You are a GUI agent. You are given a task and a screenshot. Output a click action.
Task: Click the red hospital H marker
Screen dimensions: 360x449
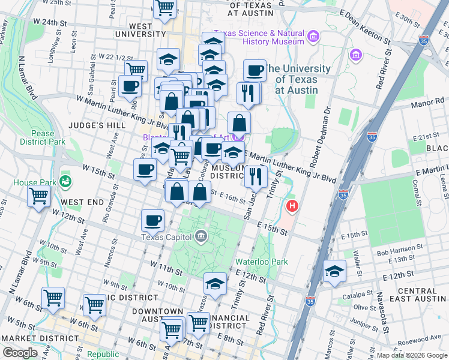click(x=292, y=206)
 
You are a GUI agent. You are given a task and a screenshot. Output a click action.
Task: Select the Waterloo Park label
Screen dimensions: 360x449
click(x=261, y=262)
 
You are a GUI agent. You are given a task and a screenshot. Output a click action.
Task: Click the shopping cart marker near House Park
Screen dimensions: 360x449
click(x=38, y=196)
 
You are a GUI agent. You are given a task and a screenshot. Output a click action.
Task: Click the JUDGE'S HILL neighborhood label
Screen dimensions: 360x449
click(x=97, y=125)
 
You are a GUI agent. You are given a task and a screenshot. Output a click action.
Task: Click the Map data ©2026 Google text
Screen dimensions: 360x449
click(x=411, y=355)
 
